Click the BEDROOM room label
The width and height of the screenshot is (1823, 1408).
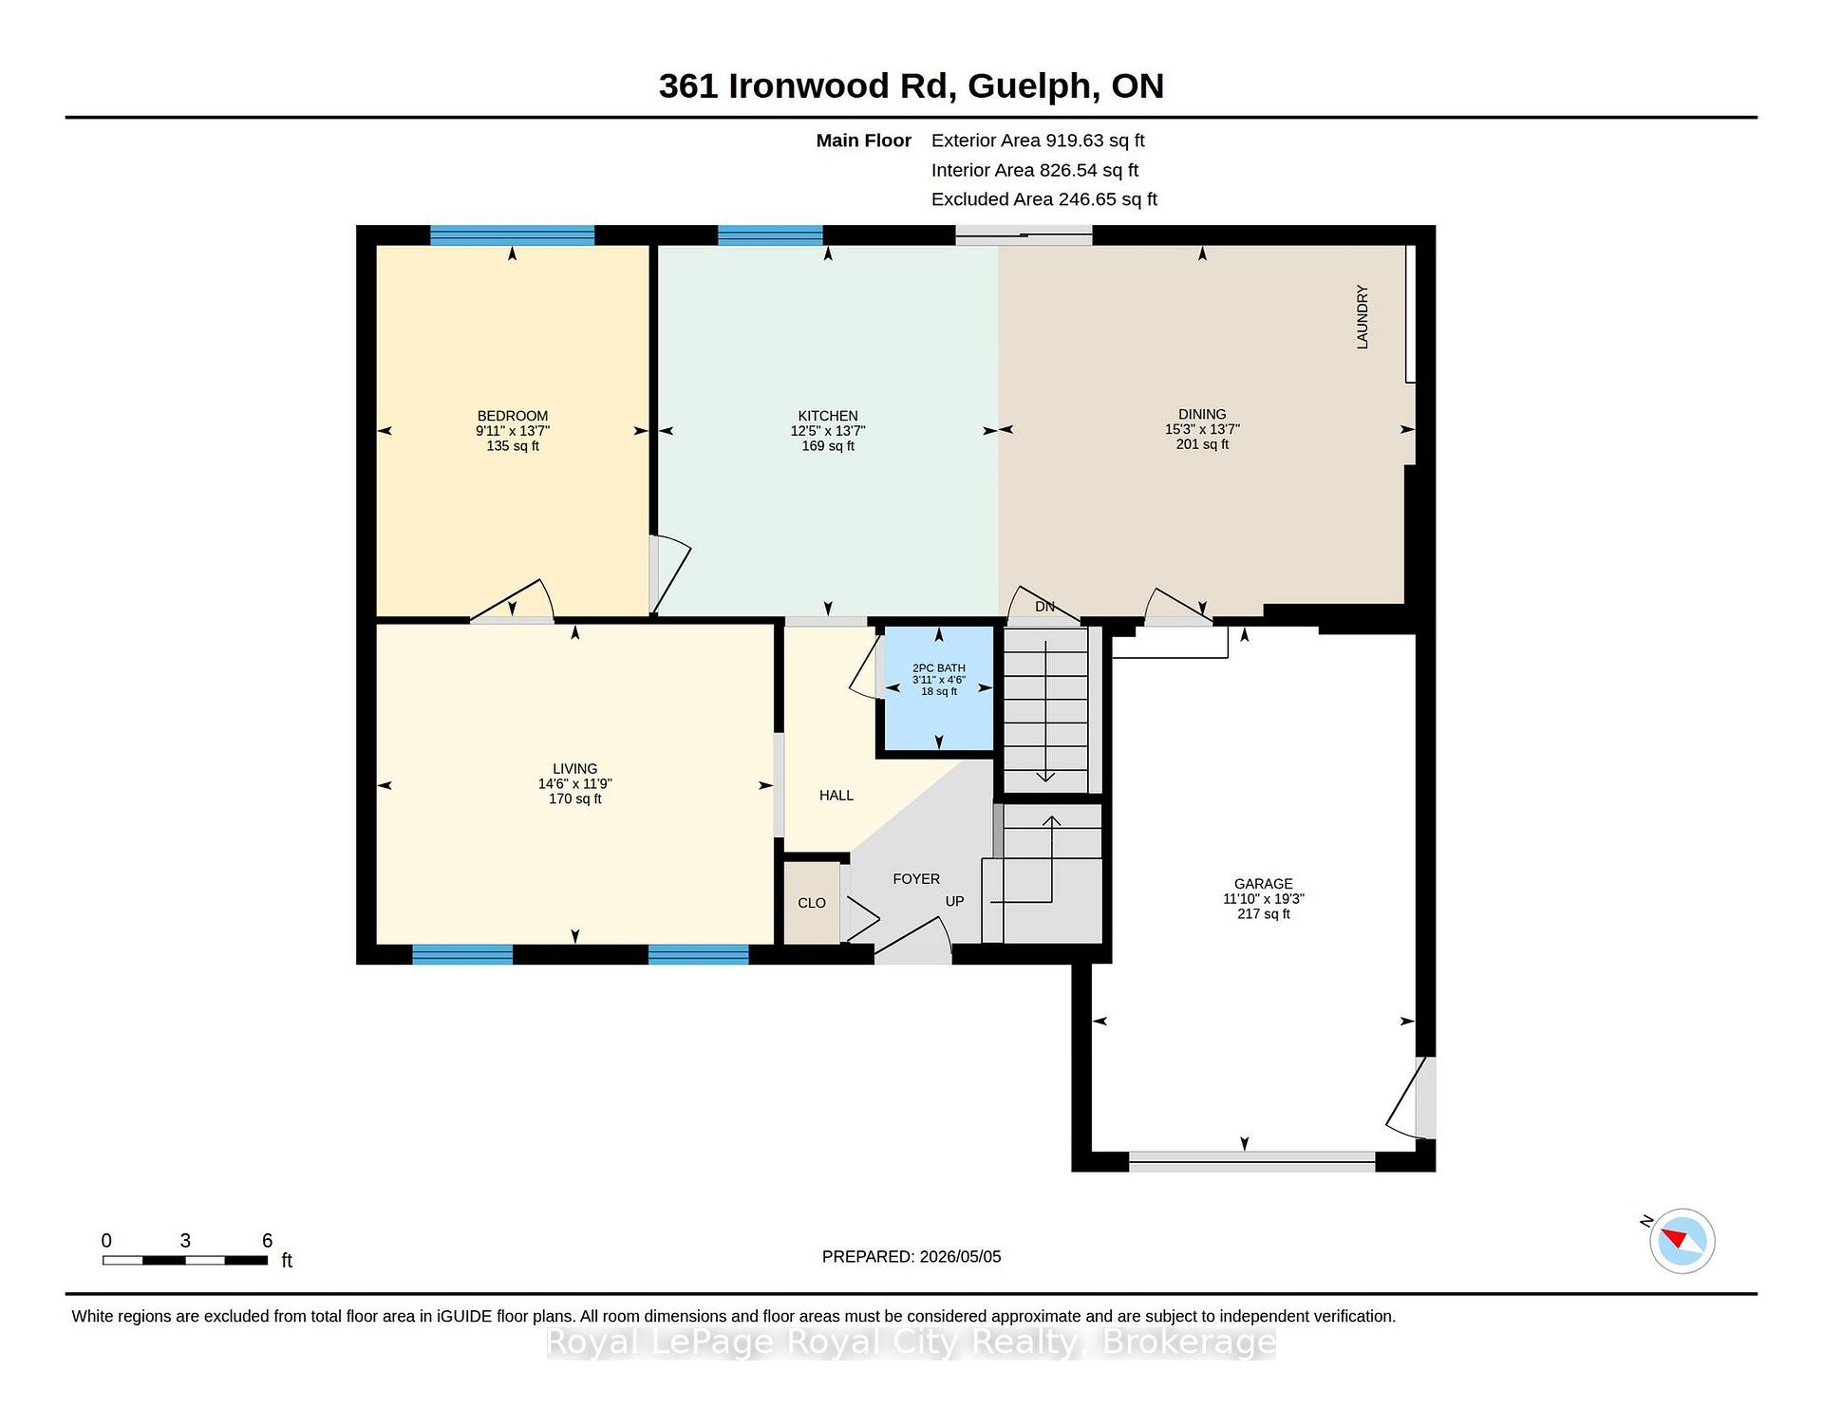tap(513, 416)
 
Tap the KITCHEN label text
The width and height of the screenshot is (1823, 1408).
tap(828, 416)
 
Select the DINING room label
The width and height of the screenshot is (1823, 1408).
tap(1202, 414)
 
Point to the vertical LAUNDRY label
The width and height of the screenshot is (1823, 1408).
tap(1363, 317)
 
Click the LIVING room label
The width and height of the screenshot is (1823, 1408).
tap(575, 769)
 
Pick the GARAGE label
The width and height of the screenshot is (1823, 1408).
tap(1264, 884)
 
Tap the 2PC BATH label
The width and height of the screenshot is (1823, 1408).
tap(939, 668)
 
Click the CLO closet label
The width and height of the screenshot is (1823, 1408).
tap(812, 903)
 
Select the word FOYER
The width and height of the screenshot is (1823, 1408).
tap(916, 879)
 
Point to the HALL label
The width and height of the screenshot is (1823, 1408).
tap(836, 796)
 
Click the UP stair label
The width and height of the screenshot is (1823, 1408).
tap(954, 901)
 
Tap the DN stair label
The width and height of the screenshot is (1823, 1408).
tap(1044, 607)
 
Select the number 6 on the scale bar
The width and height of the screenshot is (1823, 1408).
tap(268, 1241)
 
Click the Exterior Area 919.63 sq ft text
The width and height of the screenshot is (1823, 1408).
tap(1038, 141)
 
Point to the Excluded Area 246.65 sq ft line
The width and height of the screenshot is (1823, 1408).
tap(1044, 199)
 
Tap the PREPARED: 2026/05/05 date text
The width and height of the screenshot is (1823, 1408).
tap(911, 1257)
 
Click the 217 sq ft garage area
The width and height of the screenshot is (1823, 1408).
tap(1264, 914)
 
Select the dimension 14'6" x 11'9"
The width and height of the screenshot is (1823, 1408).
tap(575, 784)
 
